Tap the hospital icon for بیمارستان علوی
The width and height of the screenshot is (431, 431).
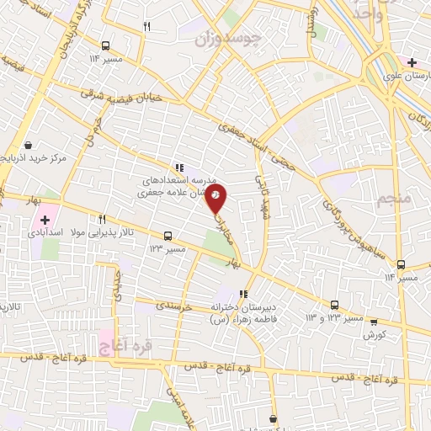[x=412, y=62]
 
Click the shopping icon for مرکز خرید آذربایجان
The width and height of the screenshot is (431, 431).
[x=29, y=145]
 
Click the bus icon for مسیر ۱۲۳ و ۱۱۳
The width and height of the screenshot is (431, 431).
[x=334, y=305]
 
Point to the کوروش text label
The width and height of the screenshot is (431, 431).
[x=374, y=334]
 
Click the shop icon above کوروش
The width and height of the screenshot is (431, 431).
[x=374, y=321]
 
